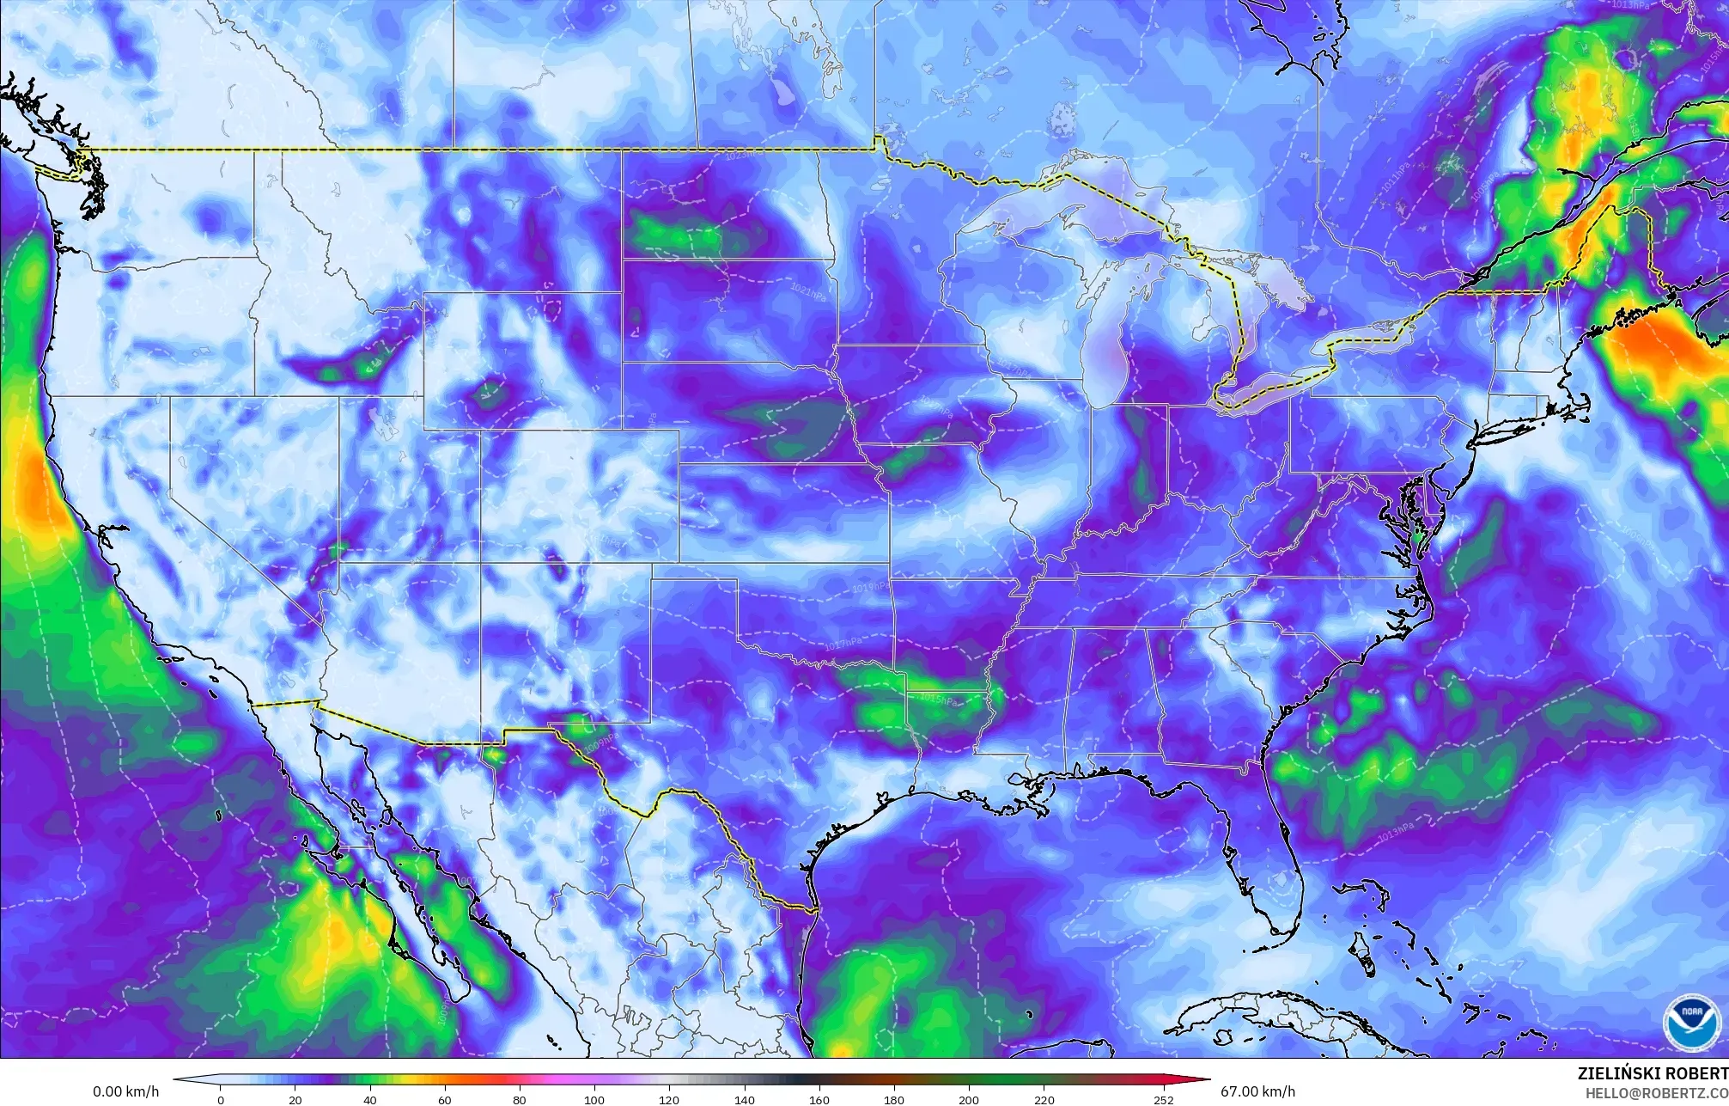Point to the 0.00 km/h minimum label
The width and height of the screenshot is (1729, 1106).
[125, 1092]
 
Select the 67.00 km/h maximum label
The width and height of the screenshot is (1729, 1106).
[1257, 1092]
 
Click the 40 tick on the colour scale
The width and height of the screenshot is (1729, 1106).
[370, 1099]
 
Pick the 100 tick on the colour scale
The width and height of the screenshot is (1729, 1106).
[594, 1099]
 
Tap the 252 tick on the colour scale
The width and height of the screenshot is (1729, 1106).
[1163, 1099]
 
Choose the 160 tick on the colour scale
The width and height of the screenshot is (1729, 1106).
[819, 1099]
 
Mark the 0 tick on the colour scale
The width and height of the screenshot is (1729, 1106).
[221, 1099]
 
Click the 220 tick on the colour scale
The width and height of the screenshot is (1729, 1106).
[1044, 1099]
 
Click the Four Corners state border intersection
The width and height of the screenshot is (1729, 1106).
[480, 563]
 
